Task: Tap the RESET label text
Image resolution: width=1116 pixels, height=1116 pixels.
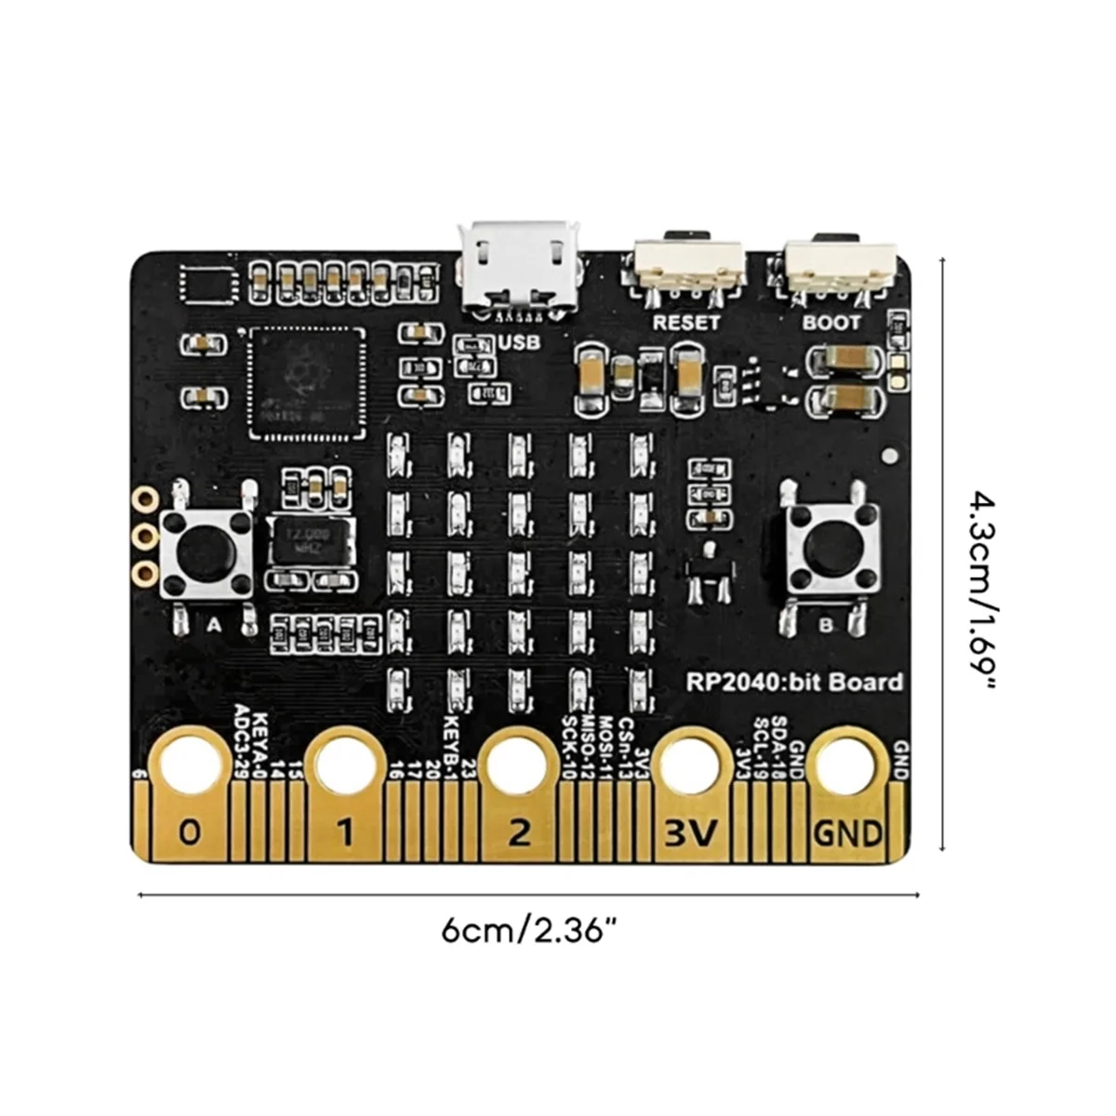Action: pyautogui.click(x=686, y=323)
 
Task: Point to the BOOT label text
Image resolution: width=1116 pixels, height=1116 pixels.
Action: pyautogui.click(x=831, y=323)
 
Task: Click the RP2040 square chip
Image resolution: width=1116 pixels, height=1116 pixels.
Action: pyautogui.click(x=303, y=382)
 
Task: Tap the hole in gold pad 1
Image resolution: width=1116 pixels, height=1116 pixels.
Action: pyautogui.click(x=345, y=765)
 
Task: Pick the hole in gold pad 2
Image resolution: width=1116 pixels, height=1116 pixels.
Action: pyautogui.click(x=518, y=765)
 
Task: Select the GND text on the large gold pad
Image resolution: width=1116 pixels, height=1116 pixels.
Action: pyautogui.click(x=846, y=830)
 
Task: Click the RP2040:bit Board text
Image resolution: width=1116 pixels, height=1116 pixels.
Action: pyautogui.click(x=794, y=682)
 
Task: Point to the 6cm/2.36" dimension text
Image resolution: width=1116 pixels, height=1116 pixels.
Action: pyautogui.click(x=528, y=929)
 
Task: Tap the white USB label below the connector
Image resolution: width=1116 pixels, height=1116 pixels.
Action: pyautogui.click(x=518, y=342)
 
